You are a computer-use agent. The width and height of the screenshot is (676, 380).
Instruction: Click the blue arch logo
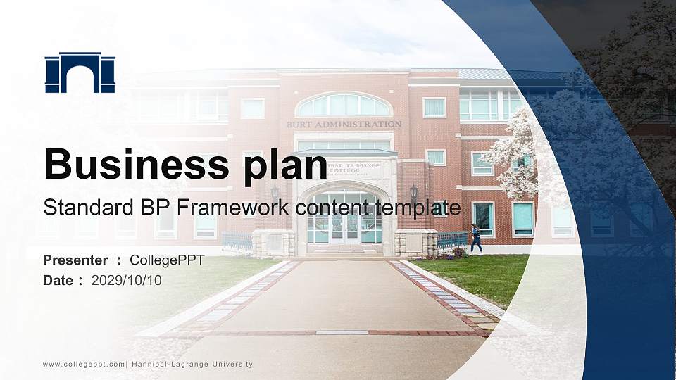(x=80, y=72)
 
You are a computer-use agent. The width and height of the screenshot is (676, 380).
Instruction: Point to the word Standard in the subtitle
(x=80, y=208)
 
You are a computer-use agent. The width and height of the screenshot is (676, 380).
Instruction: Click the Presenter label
(x=75, y=260)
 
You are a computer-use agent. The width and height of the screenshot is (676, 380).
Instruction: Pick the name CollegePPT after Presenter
(x=168, y=260)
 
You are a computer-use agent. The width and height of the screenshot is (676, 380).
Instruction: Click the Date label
(x=58, y=280)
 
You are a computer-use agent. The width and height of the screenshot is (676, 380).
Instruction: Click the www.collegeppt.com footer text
(x=84, y=365)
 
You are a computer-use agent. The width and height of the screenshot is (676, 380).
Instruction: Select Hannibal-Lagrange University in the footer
(x=192, y=365)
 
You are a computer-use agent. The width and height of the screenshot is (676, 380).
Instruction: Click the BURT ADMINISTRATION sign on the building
(x=344, y=125)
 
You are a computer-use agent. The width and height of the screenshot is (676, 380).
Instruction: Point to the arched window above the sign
(x=344, y=106)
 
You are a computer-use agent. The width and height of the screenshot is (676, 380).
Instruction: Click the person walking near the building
(x=477, y=239)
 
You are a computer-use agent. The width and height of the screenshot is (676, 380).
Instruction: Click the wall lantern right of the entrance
(x=413, y=191)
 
